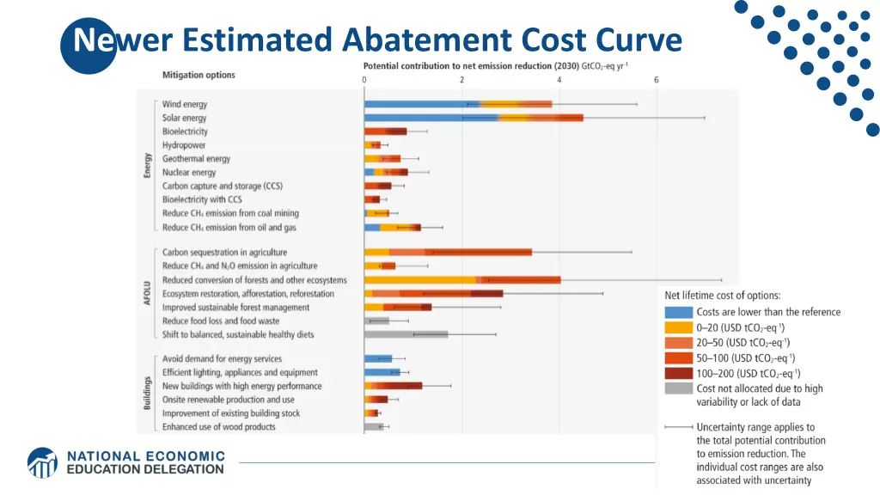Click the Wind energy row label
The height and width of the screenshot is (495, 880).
(x=185, y=104)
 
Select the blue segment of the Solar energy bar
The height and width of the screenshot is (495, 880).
(x=430, y=118)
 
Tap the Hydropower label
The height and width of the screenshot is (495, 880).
(x=185, y=145)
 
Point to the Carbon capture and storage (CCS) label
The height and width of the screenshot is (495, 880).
(x=223, y=186)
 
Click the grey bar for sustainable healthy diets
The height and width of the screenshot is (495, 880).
(x=406, y=334)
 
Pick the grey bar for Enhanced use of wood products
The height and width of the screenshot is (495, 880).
(x=373, y=426)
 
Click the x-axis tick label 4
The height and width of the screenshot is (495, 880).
(x=559, y=80)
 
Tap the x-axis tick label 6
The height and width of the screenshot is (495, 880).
(x=657, y=80)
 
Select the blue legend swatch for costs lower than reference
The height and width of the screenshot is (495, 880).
(x=678, y=312)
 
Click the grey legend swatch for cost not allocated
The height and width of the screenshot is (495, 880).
(x=678, y=388)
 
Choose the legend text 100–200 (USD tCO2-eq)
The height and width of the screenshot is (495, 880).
(x=749, y=373)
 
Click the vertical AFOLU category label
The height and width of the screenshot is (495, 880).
(x=148, y=293)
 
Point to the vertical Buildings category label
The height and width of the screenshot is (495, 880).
(x=148, y=393)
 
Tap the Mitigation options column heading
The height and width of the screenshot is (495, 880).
(x=199, y=75)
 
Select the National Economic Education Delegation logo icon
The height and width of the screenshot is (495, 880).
(x=43, y=462)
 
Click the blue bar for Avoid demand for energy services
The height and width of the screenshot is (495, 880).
(x=378, y=359)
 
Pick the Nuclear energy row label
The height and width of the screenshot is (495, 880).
(x=189, y=173)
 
